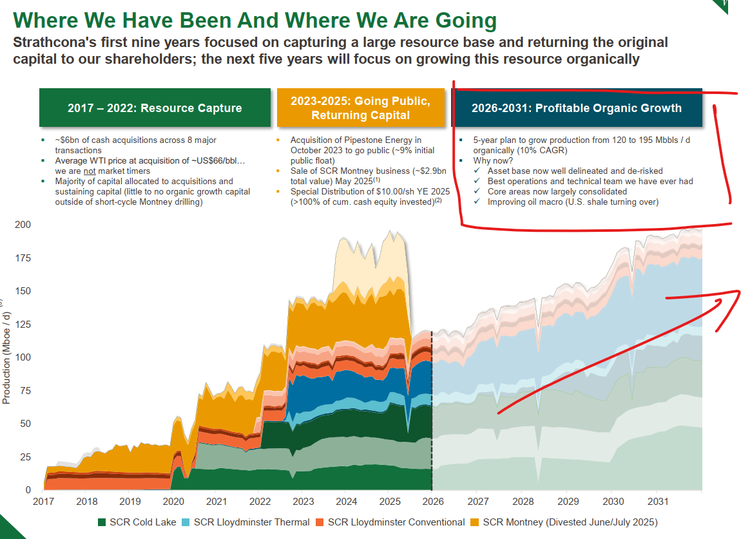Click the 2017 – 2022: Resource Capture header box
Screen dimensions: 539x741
pyautogui.click(x=155, y=108)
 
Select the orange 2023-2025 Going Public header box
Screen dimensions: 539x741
pyautogui.click(x=360, y=108)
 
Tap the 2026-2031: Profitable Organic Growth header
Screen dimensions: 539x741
pyautogui.click(x=576, y=108)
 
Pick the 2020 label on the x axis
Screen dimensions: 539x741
pyautogui.click(x=173, y=502)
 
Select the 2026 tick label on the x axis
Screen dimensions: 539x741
pyautogui.click(x=432, y=502)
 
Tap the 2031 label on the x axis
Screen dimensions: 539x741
pyautogui.click(x=658, y=502)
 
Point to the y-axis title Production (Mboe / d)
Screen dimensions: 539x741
pyautogui.click(x=6, y=357)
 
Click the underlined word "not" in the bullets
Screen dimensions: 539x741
pyautogui.click(x=91, y=171)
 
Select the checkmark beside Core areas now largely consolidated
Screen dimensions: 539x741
pyautogui.click(x=477, y=192)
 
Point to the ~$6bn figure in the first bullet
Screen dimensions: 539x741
pyautogui.click(x=68, y=140)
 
